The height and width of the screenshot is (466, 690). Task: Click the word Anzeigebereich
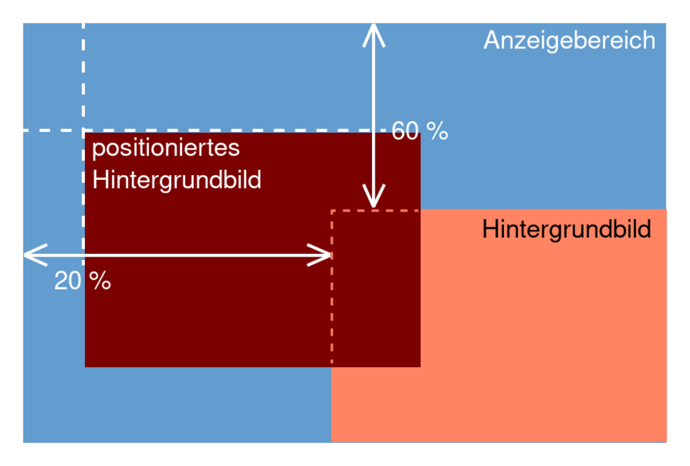click(x=569, y=40)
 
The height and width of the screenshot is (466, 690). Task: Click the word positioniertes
click(x=166, y=147)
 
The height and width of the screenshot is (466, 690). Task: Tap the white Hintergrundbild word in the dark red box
click(x=177, y=180)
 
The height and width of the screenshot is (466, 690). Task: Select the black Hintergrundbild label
click(x=567, y=230)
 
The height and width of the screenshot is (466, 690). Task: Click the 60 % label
click(x=419, y=131)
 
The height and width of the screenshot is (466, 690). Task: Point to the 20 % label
click(x=82, y=281)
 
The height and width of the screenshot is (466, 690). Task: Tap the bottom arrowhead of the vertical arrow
click(x=373, y=202)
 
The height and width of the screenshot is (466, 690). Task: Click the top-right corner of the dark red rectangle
click(x=420, y=133)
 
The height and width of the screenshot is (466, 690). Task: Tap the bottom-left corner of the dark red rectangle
click(x=86, y=366)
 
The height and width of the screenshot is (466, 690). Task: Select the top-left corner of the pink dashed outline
click(x=332, y=211)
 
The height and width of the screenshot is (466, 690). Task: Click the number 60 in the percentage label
click(x=406, y=131)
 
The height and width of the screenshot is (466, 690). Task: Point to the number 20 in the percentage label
click(x=67, y=281)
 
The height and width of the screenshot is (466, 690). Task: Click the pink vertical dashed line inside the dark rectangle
click(x=332, y=303)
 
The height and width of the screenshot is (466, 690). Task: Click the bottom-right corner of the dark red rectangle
click(x=420, y=366)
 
